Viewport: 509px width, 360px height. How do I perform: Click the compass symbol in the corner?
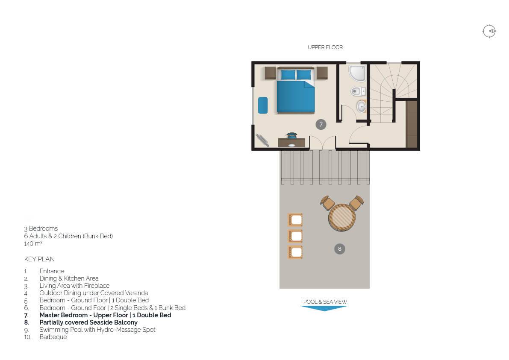tap(489, 32)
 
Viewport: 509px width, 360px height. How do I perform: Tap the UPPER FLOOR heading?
tap(325, 47)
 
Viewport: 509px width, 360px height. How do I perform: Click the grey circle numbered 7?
tap(321, 124)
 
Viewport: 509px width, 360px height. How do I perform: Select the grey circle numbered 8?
tap(340, 249)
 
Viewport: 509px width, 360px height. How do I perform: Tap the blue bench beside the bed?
tap(263, 105)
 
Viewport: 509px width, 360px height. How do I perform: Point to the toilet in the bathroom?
tap(358, 91)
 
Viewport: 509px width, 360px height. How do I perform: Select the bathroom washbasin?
tap(361, 106)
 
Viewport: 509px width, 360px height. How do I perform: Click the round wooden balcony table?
tap(342, 217)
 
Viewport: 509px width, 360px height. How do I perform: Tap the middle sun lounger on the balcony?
tap(295, 236)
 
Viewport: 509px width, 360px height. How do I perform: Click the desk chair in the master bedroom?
tap(292, 135)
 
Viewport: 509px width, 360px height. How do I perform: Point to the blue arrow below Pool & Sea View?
tap(324, 308)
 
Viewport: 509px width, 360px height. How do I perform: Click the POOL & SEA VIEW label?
tap(325, 301)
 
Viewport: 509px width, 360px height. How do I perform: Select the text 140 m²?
tap(33, 243)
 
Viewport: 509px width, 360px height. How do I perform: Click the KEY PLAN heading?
tap(39, 259)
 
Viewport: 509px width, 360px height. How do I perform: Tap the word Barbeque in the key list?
tap(53, 337)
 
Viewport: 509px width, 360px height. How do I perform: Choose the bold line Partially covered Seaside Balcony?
tap(88, 322)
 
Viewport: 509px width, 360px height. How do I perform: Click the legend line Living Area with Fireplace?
tap(74, 286)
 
